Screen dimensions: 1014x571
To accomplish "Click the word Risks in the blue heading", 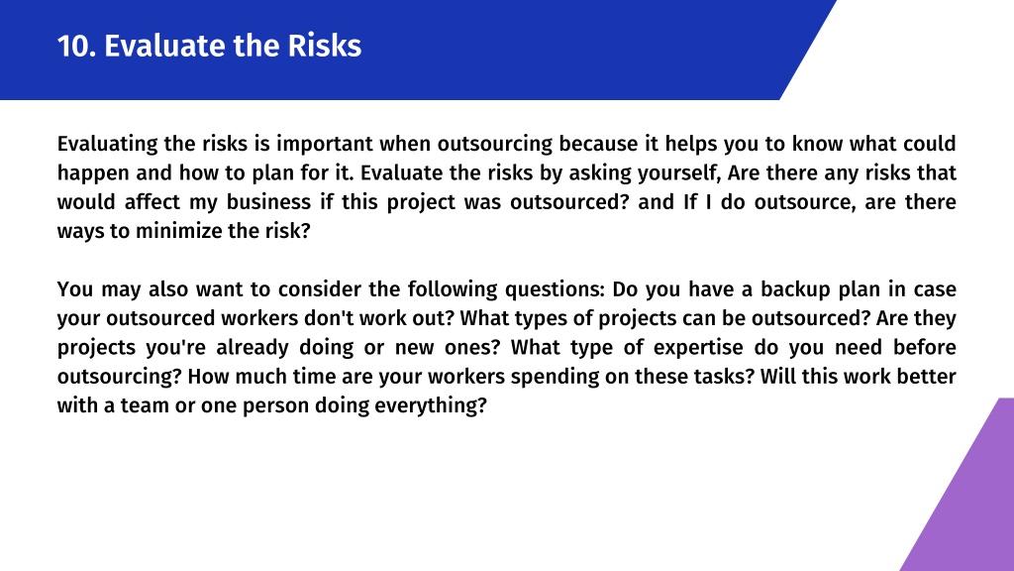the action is click(324, 46).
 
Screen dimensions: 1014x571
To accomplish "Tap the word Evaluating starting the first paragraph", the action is click(107, 144).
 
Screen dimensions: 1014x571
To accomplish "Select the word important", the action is click(325, 144).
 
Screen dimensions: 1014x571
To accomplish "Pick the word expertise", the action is click(698, 348).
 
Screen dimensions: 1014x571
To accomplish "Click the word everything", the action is click(430, 405).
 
